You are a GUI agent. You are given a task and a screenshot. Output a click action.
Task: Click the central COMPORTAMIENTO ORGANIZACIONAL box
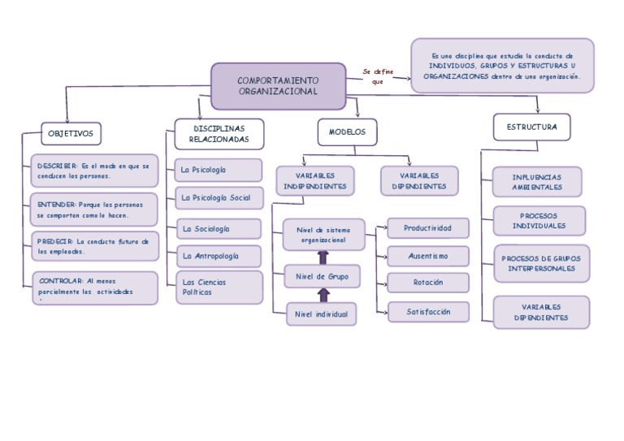click(279, 86)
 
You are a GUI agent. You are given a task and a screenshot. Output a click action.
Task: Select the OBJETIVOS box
click(71, 133)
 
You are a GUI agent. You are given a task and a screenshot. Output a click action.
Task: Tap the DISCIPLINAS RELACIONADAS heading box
click(219, 134)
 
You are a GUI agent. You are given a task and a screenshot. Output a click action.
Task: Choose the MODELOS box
click(347, 132)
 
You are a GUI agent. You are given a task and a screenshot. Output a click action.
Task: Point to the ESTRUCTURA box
click(531, 127)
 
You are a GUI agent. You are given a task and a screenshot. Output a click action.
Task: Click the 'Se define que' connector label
click(378, 76)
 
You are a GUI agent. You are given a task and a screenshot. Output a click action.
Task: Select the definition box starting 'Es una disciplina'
click(502, 66)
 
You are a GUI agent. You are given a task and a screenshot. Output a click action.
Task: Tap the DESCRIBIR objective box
click(93, 171)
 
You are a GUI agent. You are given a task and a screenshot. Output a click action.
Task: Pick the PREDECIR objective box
click(93, 246)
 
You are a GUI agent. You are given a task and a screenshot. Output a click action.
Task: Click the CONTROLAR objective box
click(95, 288)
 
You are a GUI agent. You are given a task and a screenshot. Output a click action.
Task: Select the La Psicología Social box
click(219, 197)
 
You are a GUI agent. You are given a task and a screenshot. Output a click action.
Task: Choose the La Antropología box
click(219, 256)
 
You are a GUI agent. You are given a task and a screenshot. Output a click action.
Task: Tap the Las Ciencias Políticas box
click(219, 287)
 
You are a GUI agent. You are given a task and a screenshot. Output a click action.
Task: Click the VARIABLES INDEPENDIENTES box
click(314, 180)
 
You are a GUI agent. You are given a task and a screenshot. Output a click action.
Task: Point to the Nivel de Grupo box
click(321, 277)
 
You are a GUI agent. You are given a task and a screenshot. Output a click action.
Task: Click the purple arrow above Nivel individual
click(323, 296)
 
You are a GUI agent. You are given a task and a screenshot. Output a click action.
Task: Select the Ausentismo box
click(427, 256)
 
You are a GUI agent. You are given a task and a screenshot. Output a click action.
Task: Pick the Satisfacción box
click(427, 311)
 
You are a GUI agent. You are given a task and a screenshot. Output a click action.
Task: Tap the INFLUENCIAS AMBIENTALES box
click(537, 181)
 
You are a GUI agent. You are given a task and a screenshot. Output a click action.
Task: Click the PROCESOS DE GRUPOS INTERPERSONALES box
click(540, 263)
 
